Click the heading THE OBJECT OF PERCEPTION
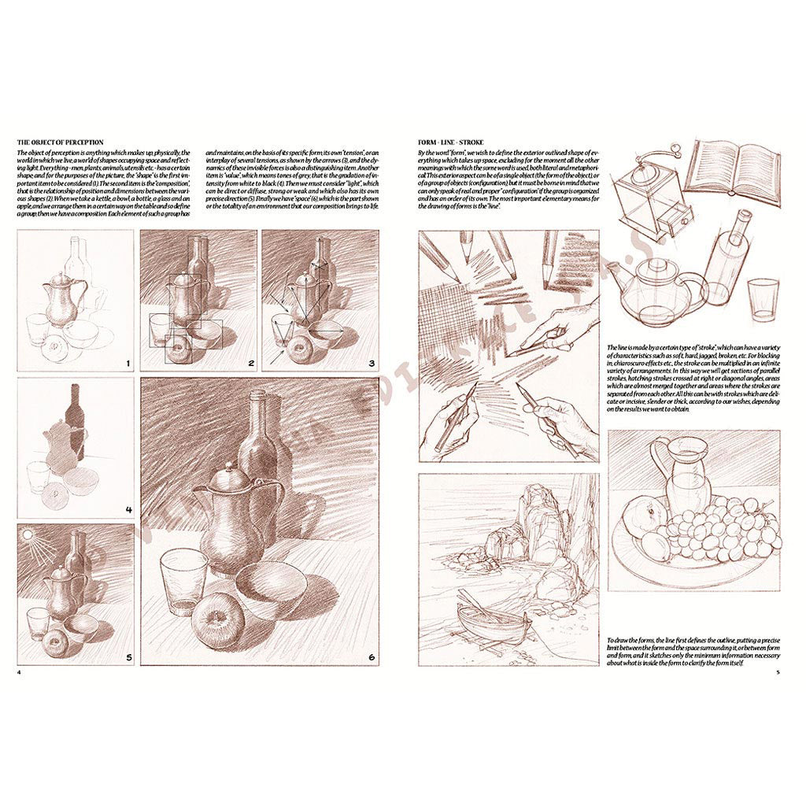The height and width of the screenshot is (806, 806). (x=60, y=142)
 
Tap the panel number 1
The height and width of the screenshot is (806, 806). (x=127, y=363)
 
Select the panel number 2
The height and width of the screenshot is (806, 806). (x=250, y=363)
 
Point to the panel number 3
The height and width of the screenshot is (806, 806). (x=371, y=363)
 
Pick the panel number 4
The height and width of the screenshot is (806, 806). (x=128, y=509)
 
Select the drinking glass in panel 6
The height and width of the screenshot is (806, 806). (x=183, y=581)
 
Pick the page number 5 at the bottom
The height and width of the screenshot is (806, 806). (x=778, y=672)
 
